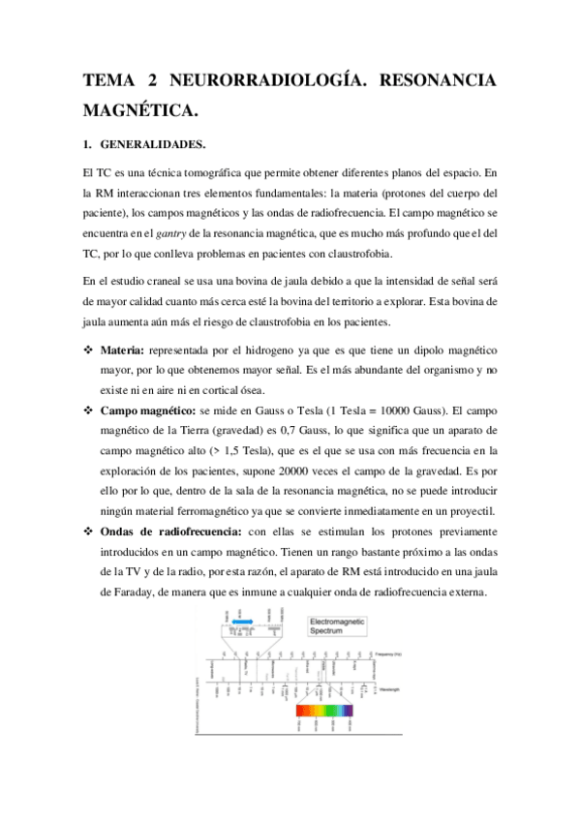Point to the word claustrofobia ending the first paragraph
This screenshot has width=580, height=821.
tap(356, 255)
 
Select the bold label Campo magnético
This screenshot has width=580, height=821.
tap(149, 410)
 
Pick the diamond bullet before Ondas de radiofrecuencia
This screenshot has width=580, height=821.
tap(89, 532)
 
